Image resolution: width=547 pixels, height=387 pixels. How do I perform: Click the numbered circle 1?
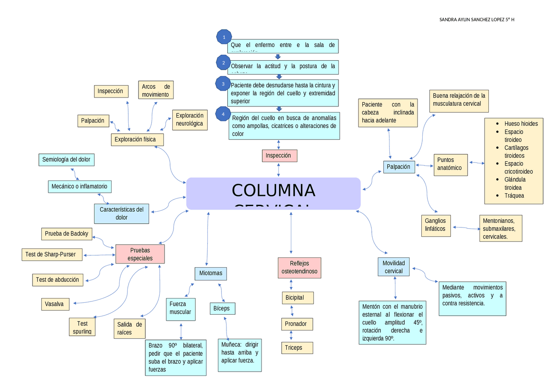tap(224, 38)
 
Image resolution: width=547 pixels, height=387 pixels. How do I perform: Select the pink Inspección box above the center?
tap(279, 156)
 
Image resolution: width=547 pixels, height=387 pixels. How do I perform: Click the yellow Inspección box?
tap(111, 91)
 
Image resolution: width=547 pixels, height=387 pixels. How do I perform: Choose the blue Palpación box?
tap(399, 167)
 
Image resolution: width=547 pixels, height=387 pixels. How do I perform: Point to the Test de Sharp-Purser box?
tap(51, 254)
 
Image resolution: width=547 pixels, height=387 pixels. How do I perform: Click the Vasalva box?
tap(55, 304)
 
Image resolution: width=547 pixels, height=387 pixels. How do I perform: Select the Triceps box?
tap(297, 348)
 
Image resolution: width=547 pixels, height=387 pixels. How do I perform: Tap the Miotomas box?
tap(211, 273)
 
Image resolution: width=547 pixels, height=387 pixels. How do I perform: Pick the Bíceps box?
tap(222, 308)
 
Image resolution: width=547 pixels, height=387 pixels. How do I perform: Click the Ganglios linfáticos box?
tap(435, 225)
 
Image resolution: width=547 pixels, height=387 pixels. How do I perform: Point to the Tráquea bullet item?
tap(514, 195)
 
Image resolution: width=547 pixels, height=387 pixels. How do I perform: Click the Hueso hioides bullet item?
tap(521, 124)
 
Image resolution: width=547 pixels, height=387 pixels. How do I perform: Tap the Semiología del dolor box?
tap(66, 160)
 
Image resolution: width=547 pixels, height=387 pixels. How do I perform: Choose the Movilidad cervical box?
tap(394, 267)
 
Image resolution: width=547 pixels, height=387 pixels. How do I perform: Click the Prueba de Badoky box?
tap(67, 233)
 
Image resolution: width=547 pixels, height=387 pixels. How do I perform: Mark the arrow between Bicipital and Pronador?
tap(291, 311)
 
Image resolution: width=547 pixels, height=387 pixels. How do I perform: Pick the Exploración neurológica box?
tap(190, 120)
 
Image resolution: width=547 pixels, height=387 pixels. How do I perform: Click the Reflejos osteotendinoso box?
tap(299, 268)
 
